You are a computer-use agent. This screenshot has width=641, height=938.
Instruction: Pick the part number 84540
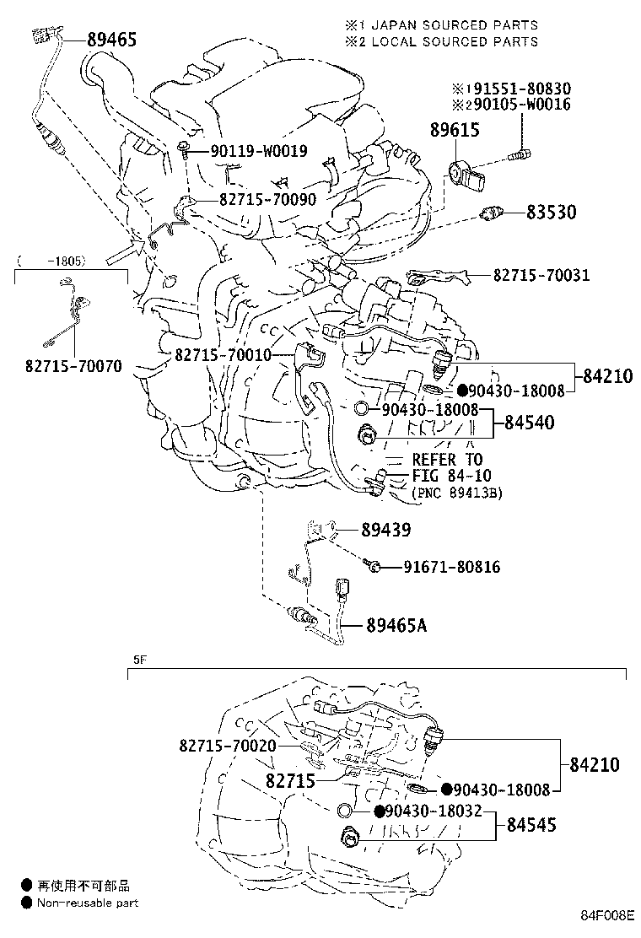529,422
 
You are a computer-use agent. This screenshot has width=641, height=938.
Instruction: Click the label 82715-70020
228,746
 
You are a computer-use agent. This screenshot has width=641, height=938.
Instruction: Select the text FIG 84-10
446,476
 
